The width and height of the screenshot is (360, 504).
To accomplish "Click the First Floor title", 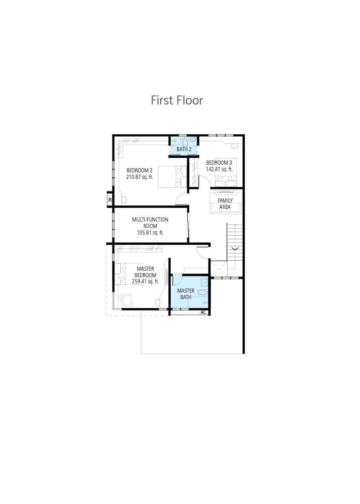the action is pos(177,100).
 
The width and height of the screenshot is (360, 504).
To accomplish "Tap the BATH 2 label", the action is pos(184,149).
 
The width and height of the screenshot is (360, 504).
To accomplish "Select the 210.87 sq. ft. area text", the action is pos(140,177).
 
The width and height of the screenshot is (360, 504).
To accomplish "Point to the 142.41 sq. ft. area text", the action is pos(219,169).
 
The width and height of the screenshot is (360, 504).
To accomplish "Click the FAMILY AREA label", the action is pos(225,204).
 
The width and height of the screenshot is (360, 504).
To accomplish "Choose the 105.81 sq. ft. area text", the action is pos(150,232).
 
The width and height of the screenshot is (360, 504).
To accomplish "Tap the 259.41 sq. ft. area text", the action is pos(145,282).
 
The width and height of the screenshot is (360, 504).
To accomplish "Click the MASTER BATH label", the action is pos(186,294).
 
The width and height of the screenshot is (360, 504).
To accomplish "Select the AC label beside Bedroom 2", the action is pos(110,200).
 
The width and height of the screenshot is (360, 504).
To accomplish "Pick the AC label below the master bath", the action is pos(203,313).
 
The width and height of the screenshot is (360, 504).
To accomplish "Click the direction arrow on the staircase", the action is pos(235,249).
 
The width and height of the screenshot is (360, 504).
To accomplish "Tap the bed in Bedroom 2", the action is pos(172,177).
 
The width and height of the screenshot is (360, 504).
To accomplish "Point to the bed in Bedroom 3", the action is pos(226,172).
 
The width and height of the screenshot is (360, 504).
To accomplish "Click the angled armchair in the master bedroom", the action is pos(127,300).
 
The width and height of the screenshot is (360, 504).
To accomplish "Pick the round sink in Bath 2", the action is pos(193,139).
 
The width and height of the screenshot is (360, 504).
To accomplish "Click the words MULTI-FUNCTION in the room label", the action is pos(150,219).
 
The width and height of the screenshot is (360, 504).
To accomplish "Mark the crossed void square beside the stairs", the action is pos(219,268).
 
